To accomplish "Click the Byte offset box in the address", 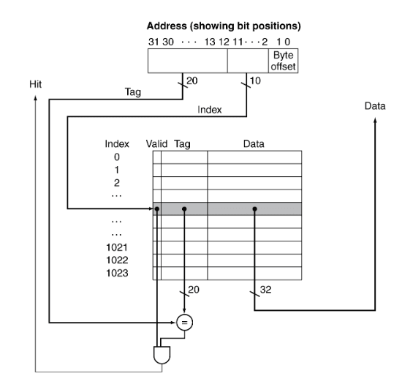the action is click(x=283, y=61).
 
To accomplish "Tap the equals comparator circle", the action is click(x=184, y=323).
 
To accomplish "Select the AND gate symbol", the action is click(x=162, y=355).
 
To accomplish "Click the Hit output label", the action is click(x=35, y=84).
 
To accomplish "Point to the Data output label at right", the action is click(x=375, y=106).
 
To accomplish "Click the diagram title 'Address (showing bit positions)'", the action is click(x=224, y=26).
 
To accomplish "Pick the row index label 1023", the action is click(x=117, y=273).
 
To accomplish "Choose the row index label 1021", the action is click(x=117, y=247).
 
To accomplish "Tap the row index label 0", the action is click(x=117, y=157).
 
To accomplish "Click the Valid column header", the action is click(x=156, y=143).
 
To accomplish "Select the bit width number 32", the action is click(x=265, y=290).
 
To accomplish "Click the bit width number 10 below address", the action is click(x=255, y=81).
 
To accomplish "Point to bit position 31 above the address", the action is click(x=153, y=42).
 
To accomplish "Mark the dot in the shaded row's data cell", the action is click(x=254, y=209).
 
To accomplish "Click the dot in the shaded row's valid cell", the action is click(x=157, y=209).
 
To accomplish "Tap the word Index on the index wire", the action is click(x=210, y=110).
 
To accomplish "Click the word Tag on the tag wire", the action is click(x=133, y=92).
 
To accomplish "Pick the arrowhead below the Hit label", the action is click(x=35, y=98).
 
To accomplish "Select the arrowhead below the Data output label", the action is click(x=375, y=120).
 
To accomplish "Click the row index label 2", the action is click(x=117, y=183).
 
